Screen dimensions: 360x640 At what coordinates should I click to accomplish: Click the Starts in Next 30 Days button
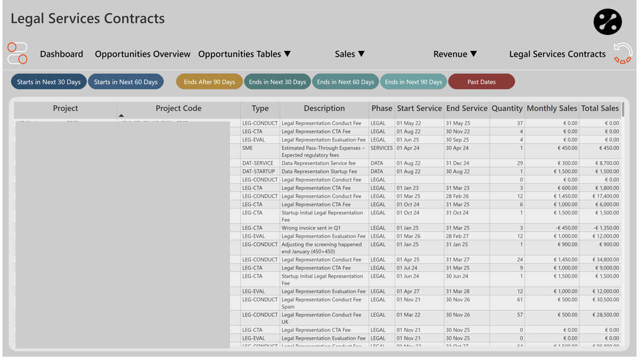click(x=48, y=82)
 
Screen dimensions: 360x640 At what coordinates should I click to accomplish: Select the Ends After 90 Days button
click(x=209, y=82)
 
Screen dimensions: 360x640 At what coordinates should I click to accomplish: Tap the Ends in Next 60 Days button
click(x=345, y=82)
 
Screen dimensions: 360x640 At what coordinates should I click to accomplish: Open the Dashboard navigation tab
click(x=61, y=54)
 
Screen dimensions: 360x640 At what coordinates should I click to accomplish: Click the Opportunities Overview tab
click(x=142, y=54)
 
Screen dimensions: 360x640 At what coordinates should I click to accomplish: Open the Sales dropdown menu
click(x=349, y=54)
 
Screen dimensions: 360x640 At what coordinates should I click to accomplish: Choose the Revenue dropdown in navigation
click(x=455, y=54)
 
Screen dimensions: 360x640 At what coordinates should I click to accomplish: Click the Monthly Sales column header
click(x=551, y=108)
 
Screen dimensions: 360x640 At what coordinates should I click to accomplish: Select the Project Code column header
click(x=178, y=108)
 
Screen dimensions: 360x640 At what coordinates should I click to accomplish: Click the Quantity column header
click(x=506, y=108)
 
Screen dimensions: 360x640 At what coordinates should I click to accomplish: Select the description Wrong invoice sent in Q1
click(x=310, y=228)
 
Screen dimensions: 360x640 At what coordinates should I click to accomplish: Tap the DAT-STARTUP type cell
click(x=258, y=171)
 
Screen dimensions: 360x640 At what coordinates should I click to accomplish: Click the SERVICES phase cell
click(x=381, y=148)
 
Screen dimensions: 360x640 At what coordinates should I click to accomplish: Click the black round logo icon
click(x=607, y=22)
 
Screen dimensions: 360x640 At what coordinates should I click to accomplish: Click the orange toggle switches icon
click(x=17, y=53)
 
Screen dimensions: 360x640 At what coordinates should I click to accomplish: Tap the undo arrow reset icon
click(x=623, y=53)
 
